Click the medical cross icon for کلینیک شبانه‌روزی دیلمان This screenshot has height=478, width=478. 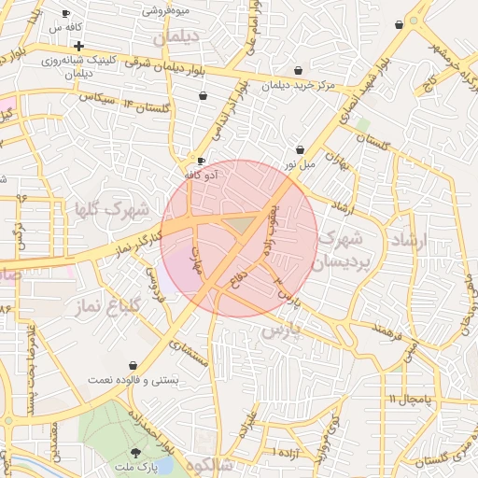(78, 46)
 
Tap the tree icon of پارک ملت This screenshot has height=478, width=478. (136, 453)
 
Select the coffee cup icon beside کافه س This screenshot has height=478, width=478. (65, 14)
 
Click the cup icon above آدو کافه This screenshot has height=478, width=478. (201, 161)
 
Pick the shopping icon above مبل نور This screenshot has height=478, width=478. (300, 149)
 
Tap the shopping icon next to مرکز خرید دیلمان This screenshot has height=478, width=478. (298, 70)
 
